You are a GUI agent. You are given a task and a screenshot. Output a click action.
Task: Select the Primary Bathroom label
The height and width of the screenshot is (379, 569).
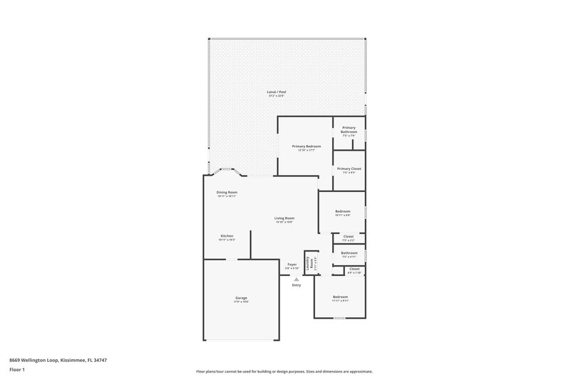coord(349,129)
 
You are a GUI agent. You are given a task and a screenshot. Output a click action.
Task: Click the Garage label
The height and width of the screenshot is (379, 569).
coord(242,298)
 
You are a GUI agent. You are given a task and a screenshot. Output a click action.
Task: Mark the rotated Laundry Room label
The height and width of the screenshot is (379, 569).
coord(311,262)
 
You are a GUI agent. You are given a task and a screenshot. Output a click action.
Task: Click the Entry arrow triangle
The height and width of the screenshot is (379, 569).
coord(297,279)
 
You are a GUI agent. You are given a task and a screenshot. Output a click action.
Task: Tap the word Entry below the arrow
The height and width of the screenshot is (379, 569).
coord(296,285)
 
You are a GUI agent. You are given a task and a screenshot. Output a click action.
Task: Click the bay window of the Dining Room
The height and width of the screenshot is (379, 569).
coord(227,171)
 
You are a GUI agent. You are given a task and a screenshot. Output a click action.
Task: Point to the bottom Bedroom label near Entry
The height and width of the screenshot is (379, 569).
coord(341,297)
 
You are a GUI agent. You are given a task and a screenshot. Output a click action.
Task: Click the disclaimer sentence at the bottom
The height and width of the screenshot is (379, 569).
coord(284,371)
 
